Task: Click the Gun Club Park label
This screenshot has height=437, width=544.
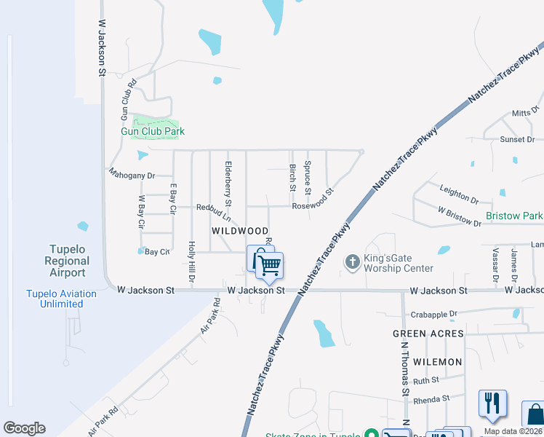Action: (x=153, y=132)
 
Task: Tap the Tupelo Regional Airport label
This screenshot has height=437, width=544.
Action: (x=67, y=261)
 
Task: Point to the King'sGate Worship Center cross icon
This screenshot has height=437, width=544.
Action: (x=353, y=261)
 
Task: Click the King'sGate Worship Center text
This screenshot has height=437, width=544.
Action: (x=399, y=263)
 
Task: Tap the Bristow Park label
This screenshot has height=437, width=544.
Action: (x=513, y=216)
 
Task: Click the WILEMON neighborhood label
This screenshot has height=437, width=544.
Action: (x=437, y=362)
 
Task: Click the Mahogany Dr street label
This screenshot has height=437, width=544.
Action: (x=132, y=176)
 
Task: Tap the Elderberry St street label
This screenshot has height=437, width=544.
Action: (x=228, y=182)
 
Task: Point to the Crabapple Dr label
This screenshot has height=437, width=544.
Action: (x=432, y=314)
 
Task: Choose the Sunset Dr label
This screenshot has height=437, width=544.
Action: (x=516, y=139)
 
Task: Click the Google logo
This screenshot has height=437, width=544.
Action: (x=24, y=428)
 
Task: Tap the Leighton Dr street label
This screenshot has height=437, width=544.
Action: (x=459, y=194)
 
